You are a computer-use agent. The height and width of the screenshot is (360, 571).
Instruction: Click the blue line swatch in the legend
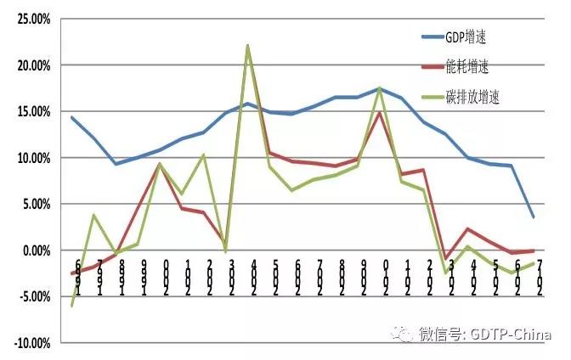(438, 37)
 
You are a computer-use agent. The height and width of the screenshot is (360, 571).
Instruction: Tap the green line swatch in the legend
(438, 96)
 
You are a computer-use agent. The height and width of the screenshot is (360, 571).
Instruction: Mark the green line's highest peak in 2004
(247, 46)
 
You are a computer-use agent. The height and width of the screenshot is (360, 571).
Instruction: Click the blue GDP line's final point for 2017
(534, 217)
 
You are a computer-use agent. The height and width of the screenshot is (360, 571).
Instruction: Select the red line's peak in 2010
(380, 113)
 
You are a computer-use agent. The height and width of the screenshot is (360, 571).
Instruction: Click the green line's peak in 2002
(204, 155)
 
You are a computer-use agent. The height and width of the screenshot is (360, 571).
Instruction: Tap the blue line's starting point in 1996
(72, 117)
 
